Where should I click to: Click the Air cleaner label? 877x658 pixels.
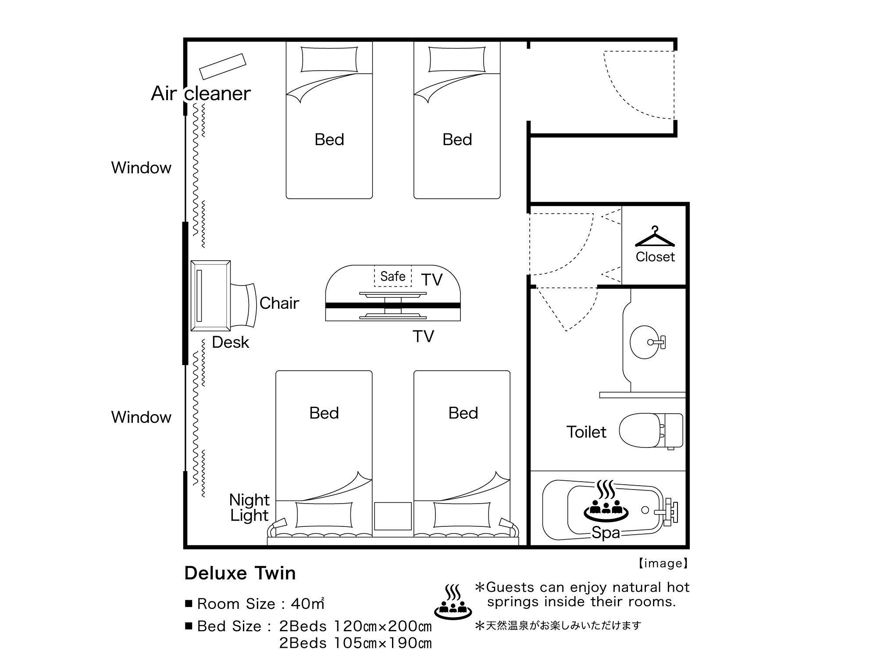201,93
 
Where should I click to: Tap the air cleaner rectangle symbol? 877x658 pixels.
222,66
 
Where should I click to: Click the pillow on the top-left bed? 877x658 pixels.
329,59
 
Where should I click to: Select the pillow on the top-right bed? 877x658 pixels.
457,59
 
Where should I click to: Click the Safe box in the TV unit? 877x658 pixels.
393,276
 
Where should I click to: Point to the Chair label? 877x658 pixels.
279,303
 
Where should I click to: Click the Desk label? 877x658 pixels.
230,342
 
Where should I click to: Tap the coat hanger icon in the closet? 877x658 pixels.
655,237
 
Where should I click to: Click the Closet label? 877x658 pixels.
655,257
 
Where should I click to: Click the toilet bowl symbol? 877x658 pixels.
651,431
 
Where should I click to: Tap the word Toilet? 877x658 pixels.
586,432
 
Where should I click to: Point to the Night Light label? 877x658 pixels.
249,508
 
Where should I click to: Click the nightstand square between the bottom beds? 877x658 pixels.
393,516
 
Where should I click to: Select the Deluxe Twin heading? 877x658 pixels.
240,573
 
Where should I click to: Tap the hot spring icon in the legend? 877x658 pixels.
453,600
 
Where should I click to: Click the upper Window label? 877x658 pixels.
141,168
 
